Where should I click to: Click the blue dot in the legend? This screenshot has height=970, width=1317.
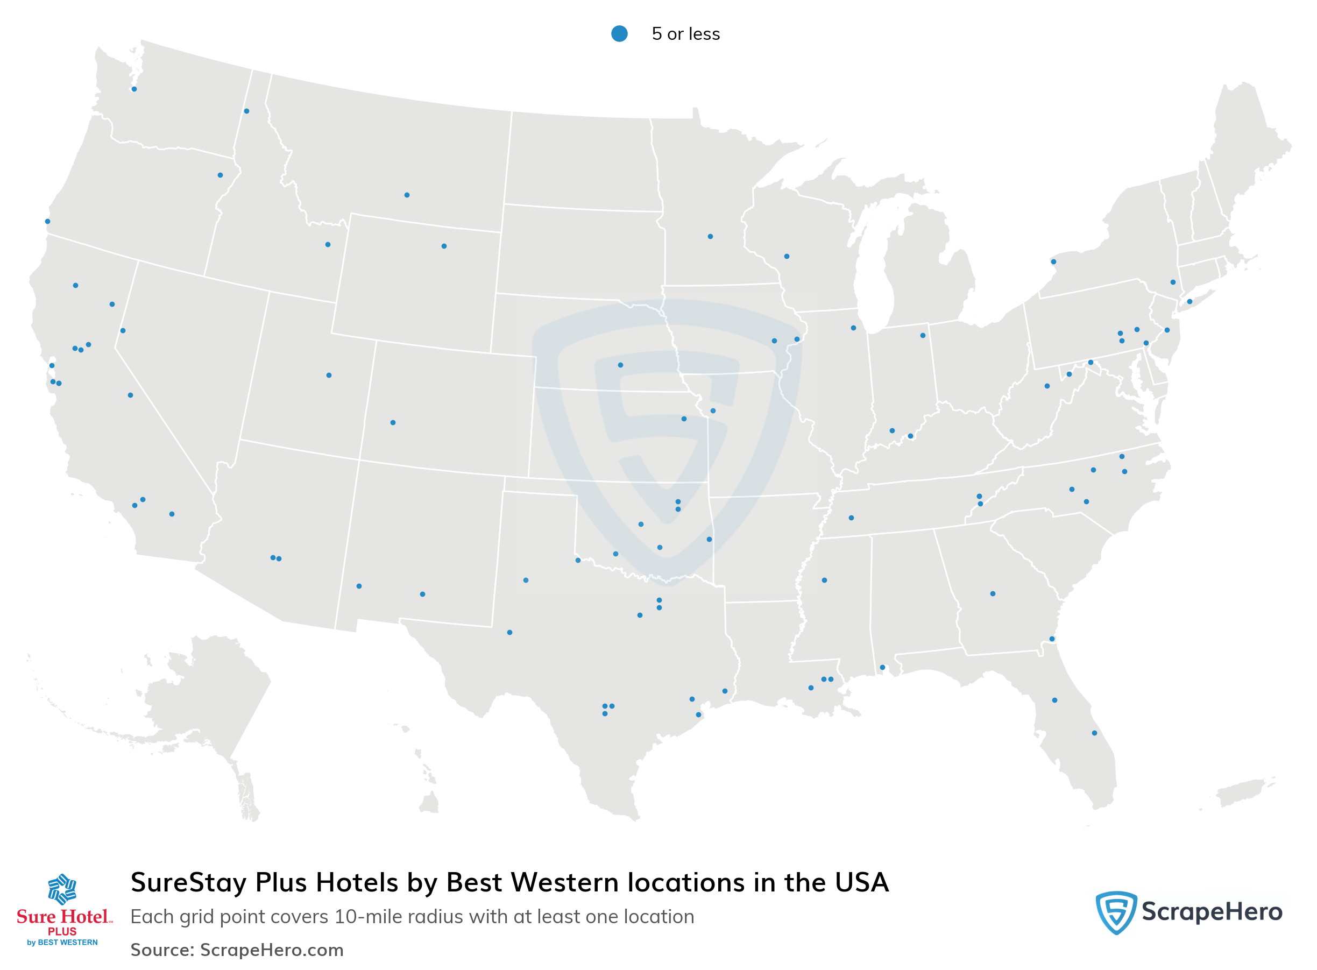point(619,33)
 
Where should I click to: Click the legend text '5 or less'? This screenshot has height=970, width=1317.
point(685,34)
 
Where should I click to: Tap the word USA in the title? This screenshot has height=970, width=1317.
point(861,882)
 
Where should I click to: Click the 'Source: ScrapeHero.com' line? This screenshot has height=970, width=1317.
point(237,950)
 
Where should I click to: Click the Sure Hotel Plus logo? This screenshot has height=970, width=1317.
point(63,910)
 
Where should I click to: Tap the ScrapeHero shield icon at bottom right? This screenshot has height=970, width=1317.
point(1116,912)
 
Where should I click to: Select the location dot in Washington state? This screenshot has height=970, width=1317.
point(134,89)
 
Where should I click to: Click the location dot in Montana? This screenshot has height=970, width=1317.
point(407,195)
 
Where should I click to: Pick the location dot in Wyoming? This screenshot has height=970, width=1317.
point(444,246)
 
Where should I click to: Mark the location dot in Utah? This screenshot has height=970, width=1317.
point(329,375)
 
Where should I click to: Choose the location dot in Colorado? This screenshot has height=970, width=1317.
point(393,423)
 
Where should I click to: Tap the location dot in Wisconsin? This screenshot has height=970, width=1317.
point(787,257)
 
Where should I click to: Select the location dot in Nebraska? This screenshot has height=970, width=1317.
point(621,365)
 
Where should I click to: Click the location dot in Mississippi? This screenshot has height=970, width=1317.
point(824,580)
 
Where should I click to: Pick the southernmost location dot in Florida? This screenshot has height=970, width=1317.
point(1094,733)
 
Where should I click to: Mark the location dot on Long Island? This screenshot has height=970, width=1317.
point(1189,302)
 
